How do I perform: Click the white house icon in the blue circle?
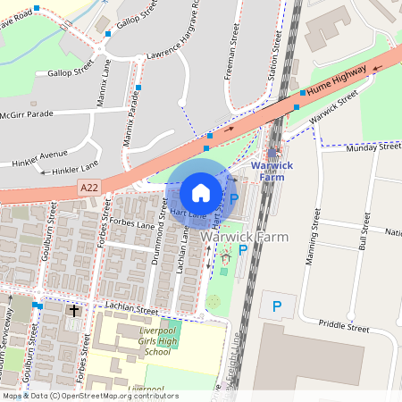coord(201,192)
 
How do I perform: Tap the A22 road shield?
coord(89,188)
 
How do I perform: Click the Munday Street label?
coord(374,147)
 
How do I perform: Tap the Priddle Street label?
coord(343,328)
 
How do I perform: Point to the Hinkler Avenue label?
coord(40,158)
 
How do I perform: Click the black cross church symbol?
coord(73,311)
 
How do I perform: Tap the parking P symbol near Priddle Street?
coord(277,307)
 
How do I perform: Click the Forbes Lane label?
coord(135,226)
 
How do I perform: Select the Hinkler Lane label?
coord(76,169)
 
